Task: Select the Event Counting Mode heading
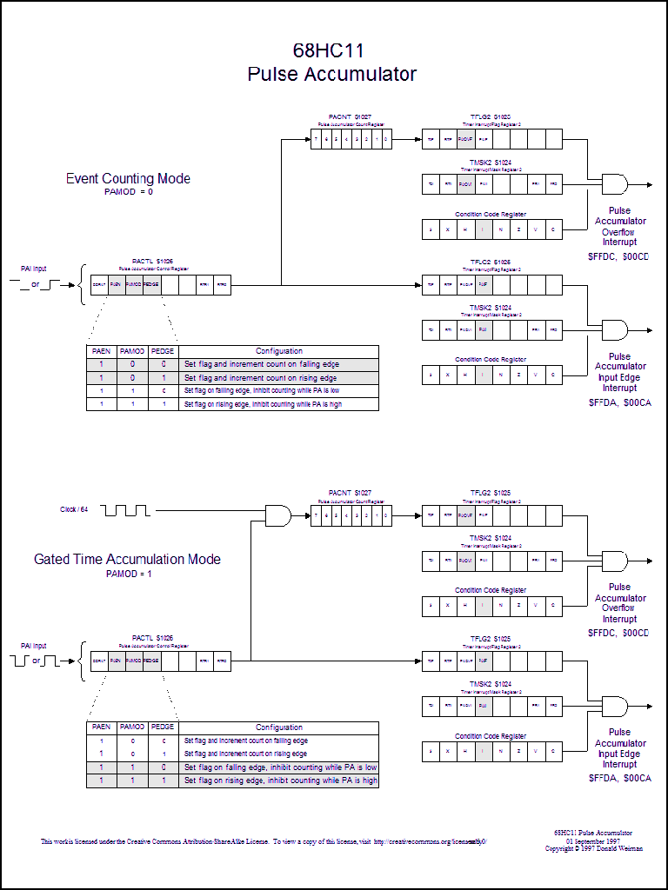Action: [128, 179]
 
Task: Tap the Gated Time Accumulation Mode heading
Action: [127, 559]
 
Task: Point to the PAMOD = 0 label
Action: [128, 191]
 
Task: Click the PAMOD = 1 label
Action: [129, 574]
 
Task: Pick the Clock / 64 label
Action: [74, 509]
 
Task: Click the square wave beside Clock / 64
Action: [127, 509]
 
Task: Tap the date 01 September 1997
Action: [593, 840]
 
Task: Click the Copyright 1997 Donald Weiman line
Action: [593, 848]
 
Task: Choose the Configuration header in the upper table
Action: [279, 351]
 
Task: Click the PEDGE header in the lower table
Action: [163, 727]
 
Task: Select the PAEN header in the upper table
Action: [101, 351]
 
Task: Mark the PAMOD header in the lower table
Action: [132, 727]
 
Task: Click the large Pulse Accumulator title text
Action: [331, 75]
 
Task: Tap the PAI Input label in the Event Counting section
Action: [34, 269]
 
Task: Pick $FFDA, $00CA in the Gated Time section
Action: [619, 779]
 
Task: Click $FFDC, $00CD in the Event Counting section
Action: [619, 257]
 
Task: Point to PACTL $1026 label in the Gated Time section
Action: [152, 638]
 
